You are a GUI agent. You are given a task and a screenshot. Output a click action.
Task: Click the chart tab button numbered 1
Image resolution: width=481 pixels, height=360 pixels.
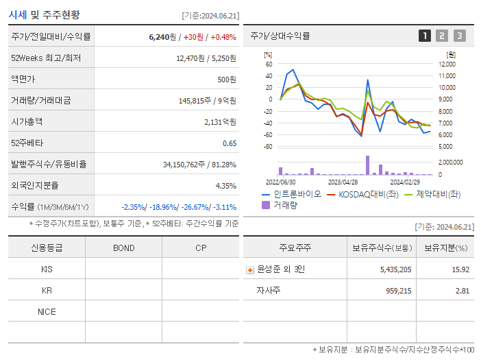425,36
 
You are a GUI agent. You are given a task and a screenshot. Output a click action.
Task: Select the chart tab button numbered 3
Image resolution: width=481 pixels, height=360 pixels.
459,36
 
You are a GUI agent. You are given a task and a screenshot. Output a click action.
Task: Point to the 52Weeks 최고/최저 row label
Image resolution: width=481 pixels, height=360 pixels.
46,58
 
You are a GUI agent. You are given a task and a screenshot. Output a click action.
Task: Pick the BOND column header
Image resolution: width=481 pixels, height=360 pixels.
123,248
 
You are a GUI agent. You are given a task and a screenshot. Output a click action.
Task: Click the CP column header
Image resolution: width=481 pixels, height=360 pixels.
201,248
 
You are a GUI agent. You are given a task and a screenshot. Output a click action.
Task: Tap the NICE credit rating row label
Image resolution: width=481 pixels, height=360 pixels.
47,312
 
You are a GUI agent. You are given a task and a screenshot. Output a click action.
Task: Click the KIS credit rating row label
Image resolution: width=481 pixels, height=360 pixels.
47,269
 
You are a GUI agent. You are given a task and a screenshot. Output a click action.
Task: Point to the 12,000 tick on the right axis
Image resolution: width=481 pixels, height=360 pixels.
446,64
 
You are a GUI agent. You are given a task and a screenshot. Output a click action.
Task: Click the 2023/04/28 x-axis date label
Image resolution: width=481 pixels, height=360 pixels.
343,182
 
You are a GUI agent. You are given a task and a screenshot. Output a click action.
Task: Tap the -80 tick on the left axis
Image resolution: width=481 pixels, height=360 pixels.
268,147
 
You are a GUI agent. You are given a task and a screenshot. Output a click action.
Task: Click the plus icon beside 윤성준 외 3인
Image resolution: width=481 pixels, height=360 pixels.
250,270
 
